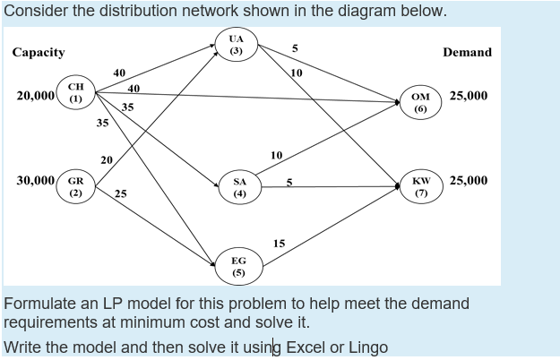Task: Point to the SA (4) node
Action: (x=239, y=186)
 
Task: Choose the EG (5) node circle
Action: (x=238, y=264)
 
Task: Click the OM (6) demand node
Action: (x=419, y=101)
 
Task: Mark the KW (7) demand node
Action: (x=419, y=185)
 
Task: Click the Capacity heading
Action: (x=39, y=52)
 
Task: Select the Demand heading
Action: (x=467, y=52)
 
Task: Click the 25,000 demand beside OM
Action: (x=469, y=95)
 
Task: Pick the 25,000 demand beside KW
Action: (x=469, y=180)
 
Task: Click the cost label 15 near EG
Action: (x=279, y=244)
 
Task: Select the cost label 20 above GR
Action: (x=107, y=159)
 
